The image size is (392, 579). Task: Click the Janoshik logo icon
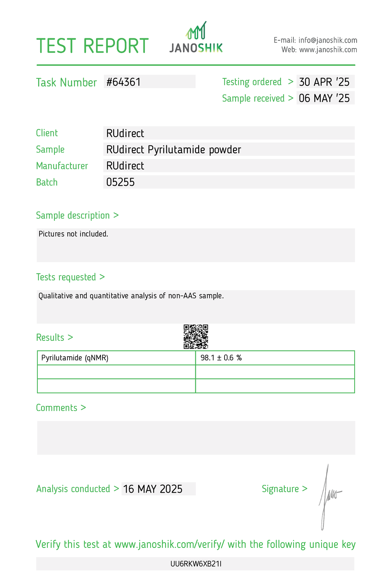(x=196, y=30)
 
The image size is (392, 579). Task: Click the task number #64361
(x=124, y=82)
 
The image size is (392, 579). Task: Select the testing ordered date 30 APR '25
(x=324, y=82)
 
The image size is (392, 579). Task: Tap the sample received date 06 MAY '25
(x=324, y=98)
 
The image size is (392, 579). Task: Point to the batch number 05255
(x=120, y=182)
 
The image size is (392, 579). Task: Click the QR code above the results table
(x=196, y=337)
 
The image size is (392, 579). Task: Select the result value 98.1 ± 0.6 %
(x=221, y=358)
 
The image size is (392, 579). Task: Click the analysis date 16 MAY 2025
(x=153, y=489)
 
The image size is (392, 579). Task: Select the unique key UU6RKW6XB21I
(x=196, y=564)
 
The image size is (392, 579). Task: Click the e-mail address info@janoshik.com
(x=328, y=40)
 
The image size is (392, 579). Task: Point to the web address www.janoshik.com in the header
(x=328, y=50)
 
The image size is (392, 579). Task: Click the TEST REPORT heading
(x=92, y=46)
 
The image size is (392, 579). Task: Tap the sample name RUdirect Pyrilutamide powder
(x=174, y=150)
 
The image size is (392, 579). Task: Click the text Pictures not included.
(x=73, y=234)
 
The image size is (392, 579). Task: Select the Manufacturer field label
(x=62, y=166)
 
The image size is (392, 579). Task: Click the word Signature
(x=280, y=489)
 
